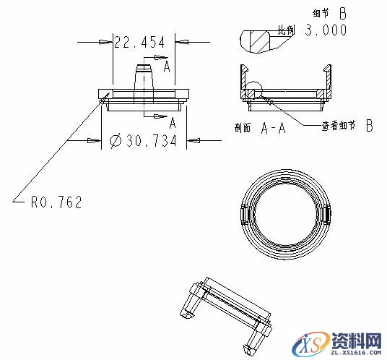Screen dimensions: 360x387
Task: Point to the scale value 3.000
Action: (x=326, y=30)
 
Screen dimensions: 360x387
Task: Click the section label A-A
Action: (x=273, y=129)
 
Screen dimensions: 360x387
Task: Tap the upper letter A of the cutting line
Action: (x=166, y=67)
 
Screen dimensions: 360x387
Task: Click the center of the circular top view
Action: (x=284, y=214)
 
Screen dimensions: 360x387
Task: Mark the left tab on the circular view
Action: (x=243, y=214)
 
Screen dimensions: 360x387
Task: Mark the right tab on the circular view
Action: (x=327, y=214)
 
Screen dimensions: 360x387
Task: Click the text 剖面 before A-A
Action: (x=243, y=129)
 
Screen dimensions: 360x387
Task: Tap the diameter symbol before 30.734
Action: (x=115, y=141)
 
